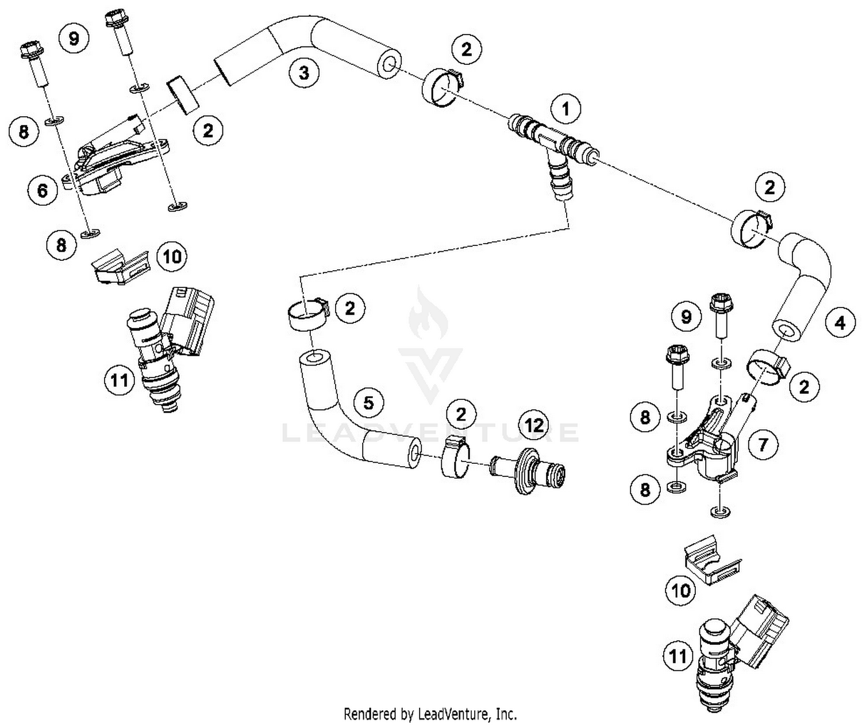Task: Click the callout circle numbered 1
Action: coord(566,108)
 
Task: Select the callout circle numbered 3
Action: coord(303,72)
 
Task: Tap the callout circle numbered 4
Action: coord(840,323)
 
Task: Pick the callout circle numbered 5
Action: coord(368,402)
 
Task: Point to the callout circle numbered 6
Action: coord(43,190)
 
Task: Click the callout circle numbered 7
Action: coord(763,444)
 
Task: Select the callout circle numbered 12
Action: coord(534,425)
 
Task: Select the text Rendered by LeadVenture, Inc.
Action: coord(430,714)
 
